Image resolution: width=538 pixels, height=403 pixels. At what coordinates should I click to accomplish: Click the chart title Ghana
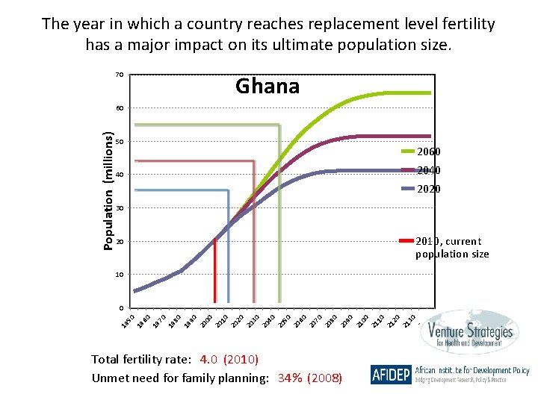click(x=267, y=87)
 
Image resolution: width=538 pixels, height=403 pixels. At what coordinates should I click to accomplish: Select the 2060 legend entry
click(x=427, y=152)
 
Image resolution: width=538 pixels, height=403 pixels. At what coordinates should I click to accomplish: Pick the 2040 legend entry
click(x=427, y=170)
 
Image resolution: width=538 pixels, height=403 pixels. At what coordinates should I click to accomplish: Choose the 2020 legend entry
click(x=427, y=189)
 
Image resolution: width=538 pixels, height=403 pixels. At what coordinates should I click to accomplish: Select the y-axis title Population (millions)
click(x=108, y=191)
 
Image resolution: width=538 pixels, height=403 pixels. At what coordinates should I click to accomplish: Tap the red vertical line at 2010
click(x=214, y=272)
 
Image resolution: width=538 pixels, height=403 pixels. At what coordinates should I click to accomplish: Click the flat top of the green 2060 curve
click(x=403, y=93)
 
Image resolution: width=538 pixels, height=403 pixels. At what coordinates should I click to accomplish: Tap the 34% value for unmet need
click(x=289, y=378)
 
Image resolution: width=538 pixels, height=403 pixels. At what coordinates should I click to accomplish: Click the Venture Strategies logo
click(x=466, y=335)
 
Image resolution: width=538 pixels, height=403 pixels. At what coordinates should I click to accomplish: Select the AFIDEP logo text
click(x=390, y=374)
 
